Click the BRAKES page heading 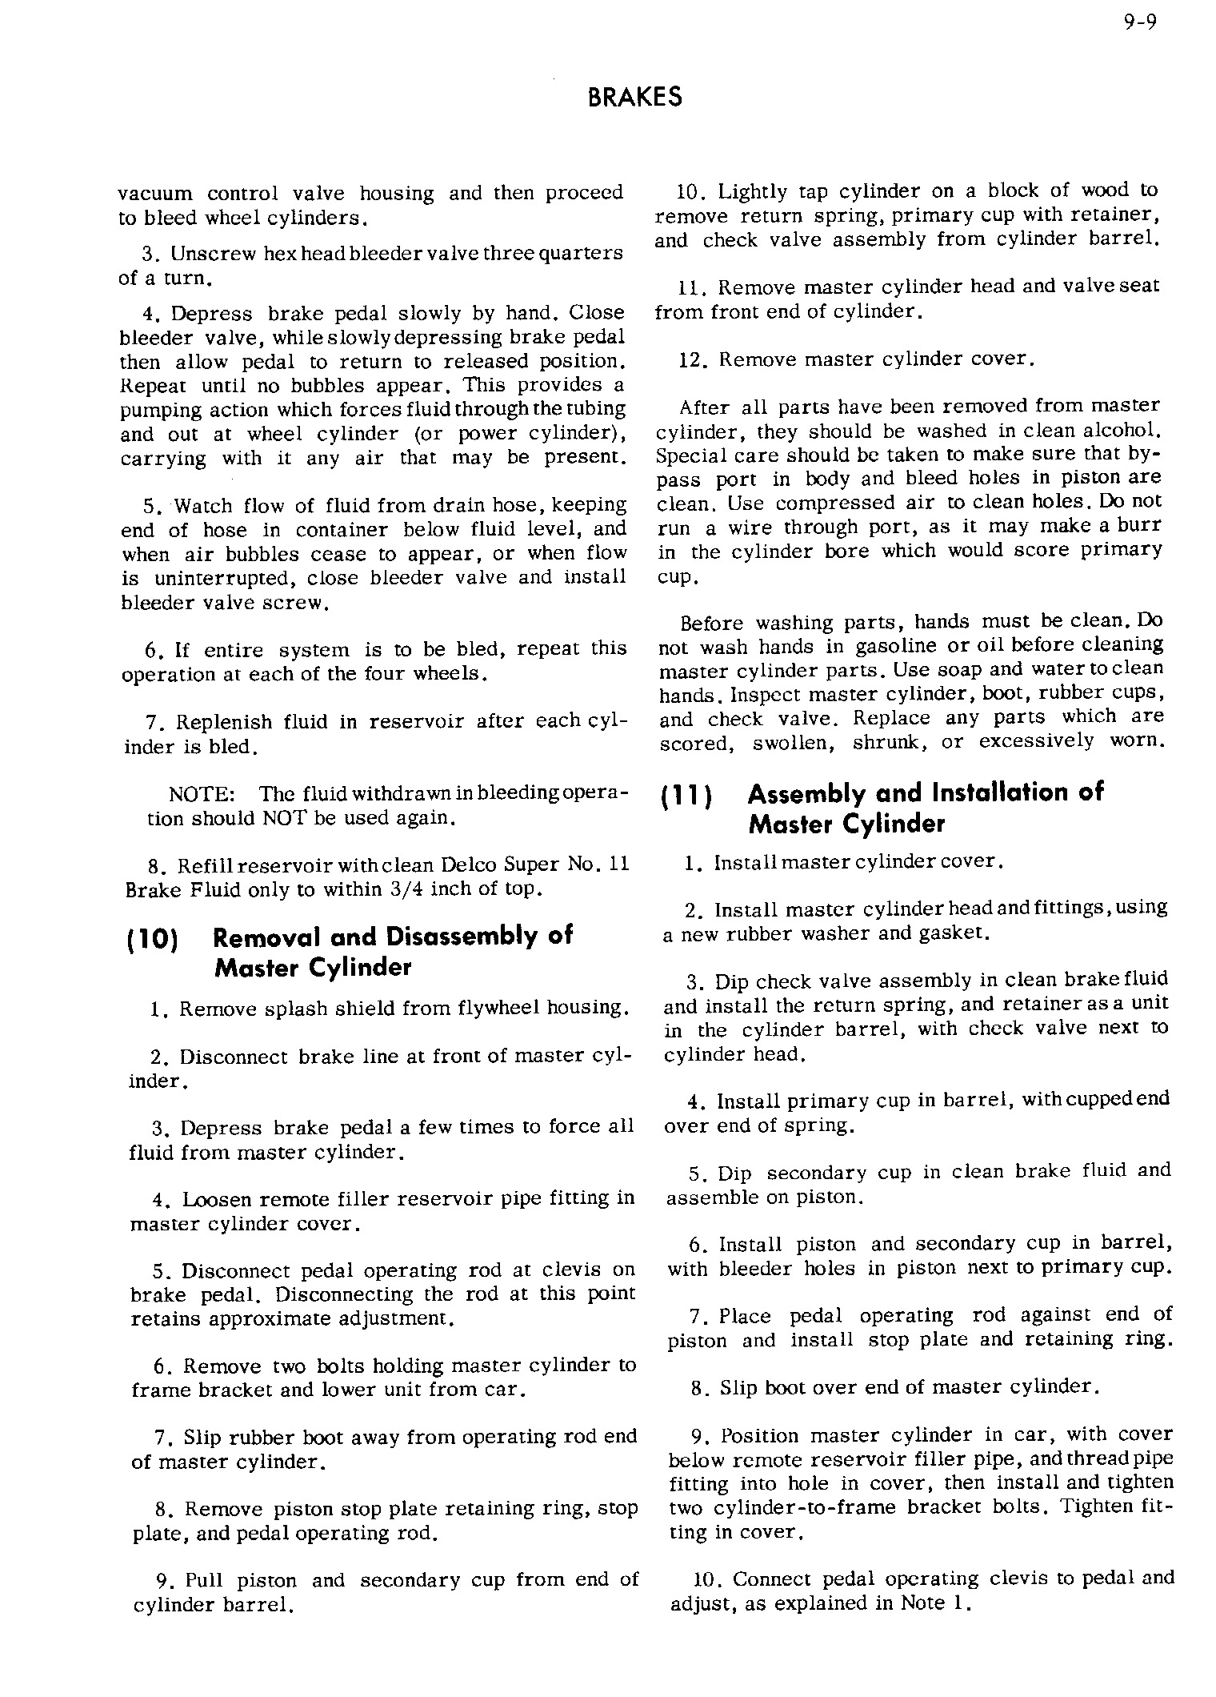[x=634, y=98]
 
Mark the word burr [x=1140, y=526]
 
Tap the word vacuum [x=155, y=194]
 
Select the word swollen [x=790, y=743]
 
